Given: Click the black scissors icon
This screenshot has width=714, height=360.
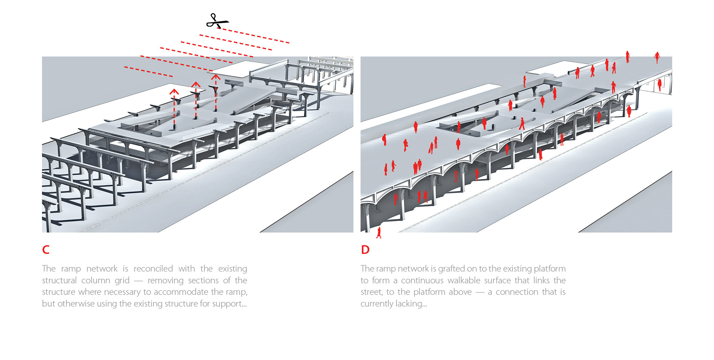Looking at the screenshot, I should click(217, 21).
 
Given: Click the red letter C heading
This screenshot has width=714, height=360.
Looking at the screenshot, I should click(46, 250).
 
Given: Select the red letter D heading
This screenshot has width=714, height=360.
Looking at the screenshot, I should click(365, 250).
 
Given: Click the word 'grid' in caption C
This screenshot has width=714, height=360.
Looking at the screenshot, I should click(122, 280).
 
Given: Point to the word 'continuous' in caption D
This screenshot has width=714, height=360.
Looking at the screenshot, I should click(422, 280).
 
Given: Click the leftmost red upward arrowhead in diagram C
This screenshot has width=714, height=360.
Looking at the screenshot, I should click(174, 91).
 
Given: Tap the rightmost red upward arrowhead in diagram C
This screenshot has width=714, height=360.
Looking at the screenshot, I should click(216, 77).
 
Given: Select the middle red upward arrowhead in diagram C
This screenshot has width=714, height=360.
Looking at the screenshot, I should click(196, 84).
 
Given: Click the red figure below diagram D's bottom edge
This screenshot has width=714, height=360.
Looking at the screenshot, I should click(379, 233).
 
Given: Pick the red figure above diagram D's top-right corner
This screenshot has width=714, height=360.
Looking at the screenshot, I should click(657, 57).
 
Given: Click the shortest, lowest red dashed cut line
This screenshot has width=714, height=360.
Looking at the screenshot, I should click(148, 72).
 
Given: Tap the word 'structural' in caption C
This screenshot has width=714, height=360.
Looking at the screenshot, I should click(59, 280).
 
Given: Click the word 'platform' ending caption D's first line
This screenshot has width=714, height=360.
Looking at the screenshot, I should click(550, 269).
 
